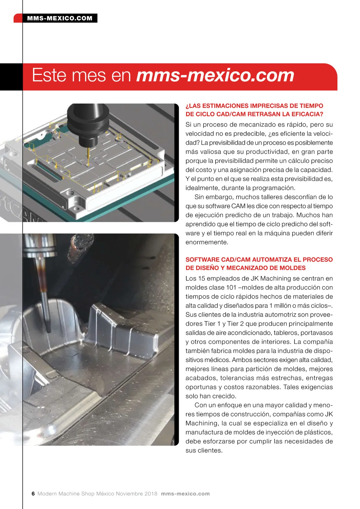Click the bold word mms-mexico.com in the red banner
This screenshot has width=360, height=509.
click(x=215, y=76)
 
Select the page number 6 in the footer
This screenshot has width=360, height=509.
click(x=33, y=493)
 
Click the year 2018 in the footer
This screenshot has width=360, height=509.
click(x=151, y=493)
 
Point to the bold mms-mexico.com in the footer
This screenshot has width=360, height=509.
click(x=185, y=493)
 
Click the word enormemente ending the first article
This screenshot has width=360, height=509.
click(x=207, y=242)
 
